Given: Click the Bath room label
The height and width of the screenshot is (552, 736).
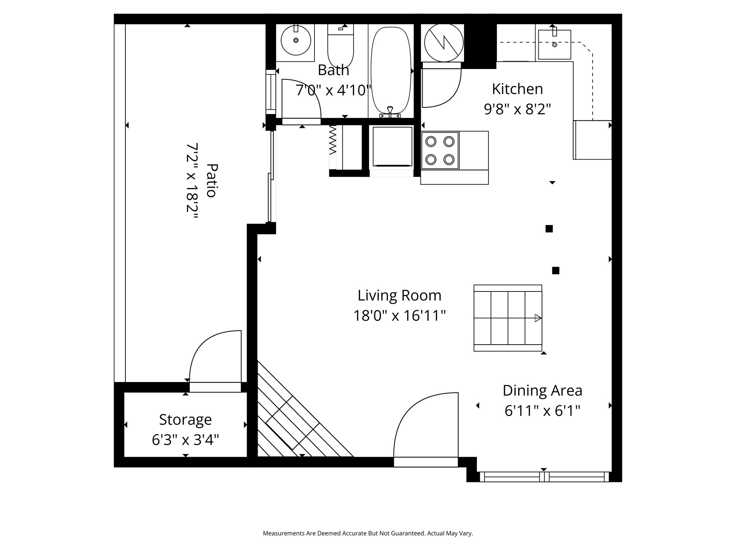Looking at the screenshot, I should point(333,70).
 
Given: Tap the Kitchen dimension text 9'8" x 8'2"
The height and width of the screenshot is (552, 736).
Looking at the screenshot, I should point(517,109).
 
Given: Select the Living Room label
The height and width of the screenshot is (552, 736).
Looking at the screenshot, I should point(399,295).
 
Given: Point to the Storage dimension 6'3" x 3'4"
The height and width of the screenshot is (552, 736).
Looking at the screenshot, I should point(185,440).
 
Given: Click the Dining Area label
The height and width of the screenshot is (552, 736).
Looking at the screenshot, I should point(542,390).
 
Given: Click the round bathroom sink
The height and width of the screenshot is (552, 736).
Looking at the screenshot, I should point(295,40).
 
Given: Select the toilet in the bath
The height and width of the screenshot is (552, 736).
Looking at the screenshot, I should point(340,47).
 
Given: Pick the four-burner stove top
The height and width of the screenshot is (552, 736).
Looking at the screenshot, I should point(440,150).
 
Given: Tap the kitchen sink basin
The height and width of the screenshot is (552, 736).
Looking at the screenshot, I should point(554,45).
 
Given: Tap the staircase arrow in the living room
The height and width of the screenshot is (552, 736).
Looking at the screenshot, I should point(538,318).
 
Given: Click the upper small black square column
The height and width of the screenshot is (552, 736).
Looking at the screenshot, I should point(549,229).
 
